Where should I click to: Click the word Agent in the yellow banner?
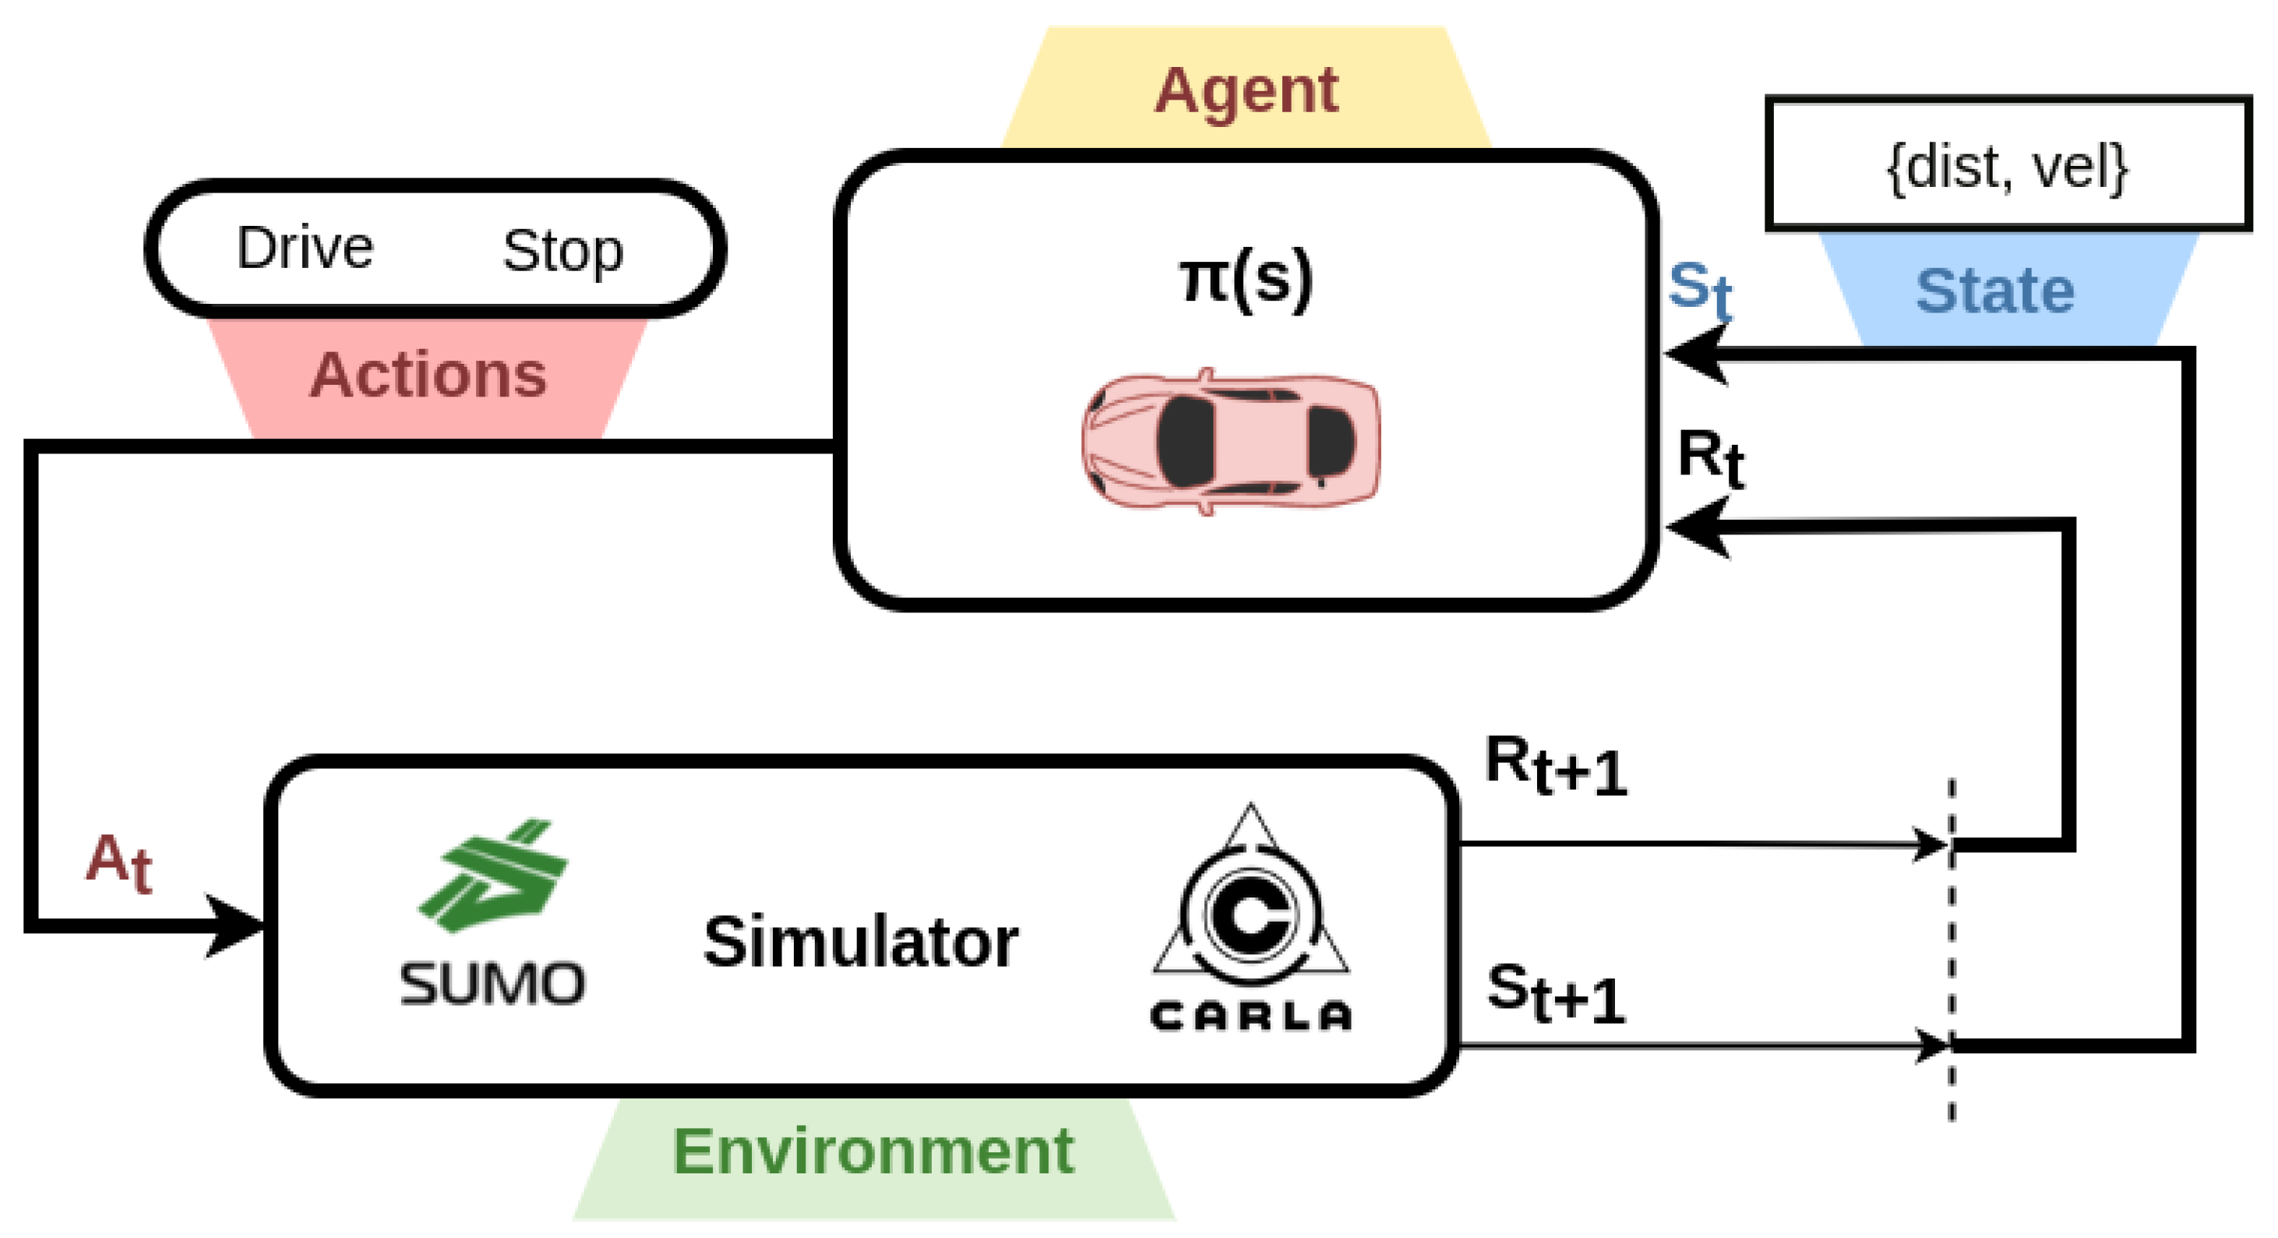(1246, 91)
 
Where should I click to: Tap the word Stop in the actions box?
(562, 251)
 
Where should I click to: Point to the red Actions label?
(428, 376)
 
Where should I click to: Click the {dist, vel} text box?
(2008, 165)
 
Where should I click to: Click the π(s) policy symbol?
(1246, 280)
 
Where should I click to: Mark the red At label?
(118, 862)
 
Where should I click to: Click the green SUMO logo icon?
(493, 876)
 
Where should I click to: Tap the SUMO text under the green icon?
(492, 983)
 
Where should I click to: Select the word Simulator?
(860, 943)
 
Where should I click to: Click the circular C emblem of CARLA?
(1250, 915)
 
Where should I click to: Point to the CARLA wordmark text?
(1250, 1016)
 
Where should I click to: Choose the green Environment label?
(873, 1152)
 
